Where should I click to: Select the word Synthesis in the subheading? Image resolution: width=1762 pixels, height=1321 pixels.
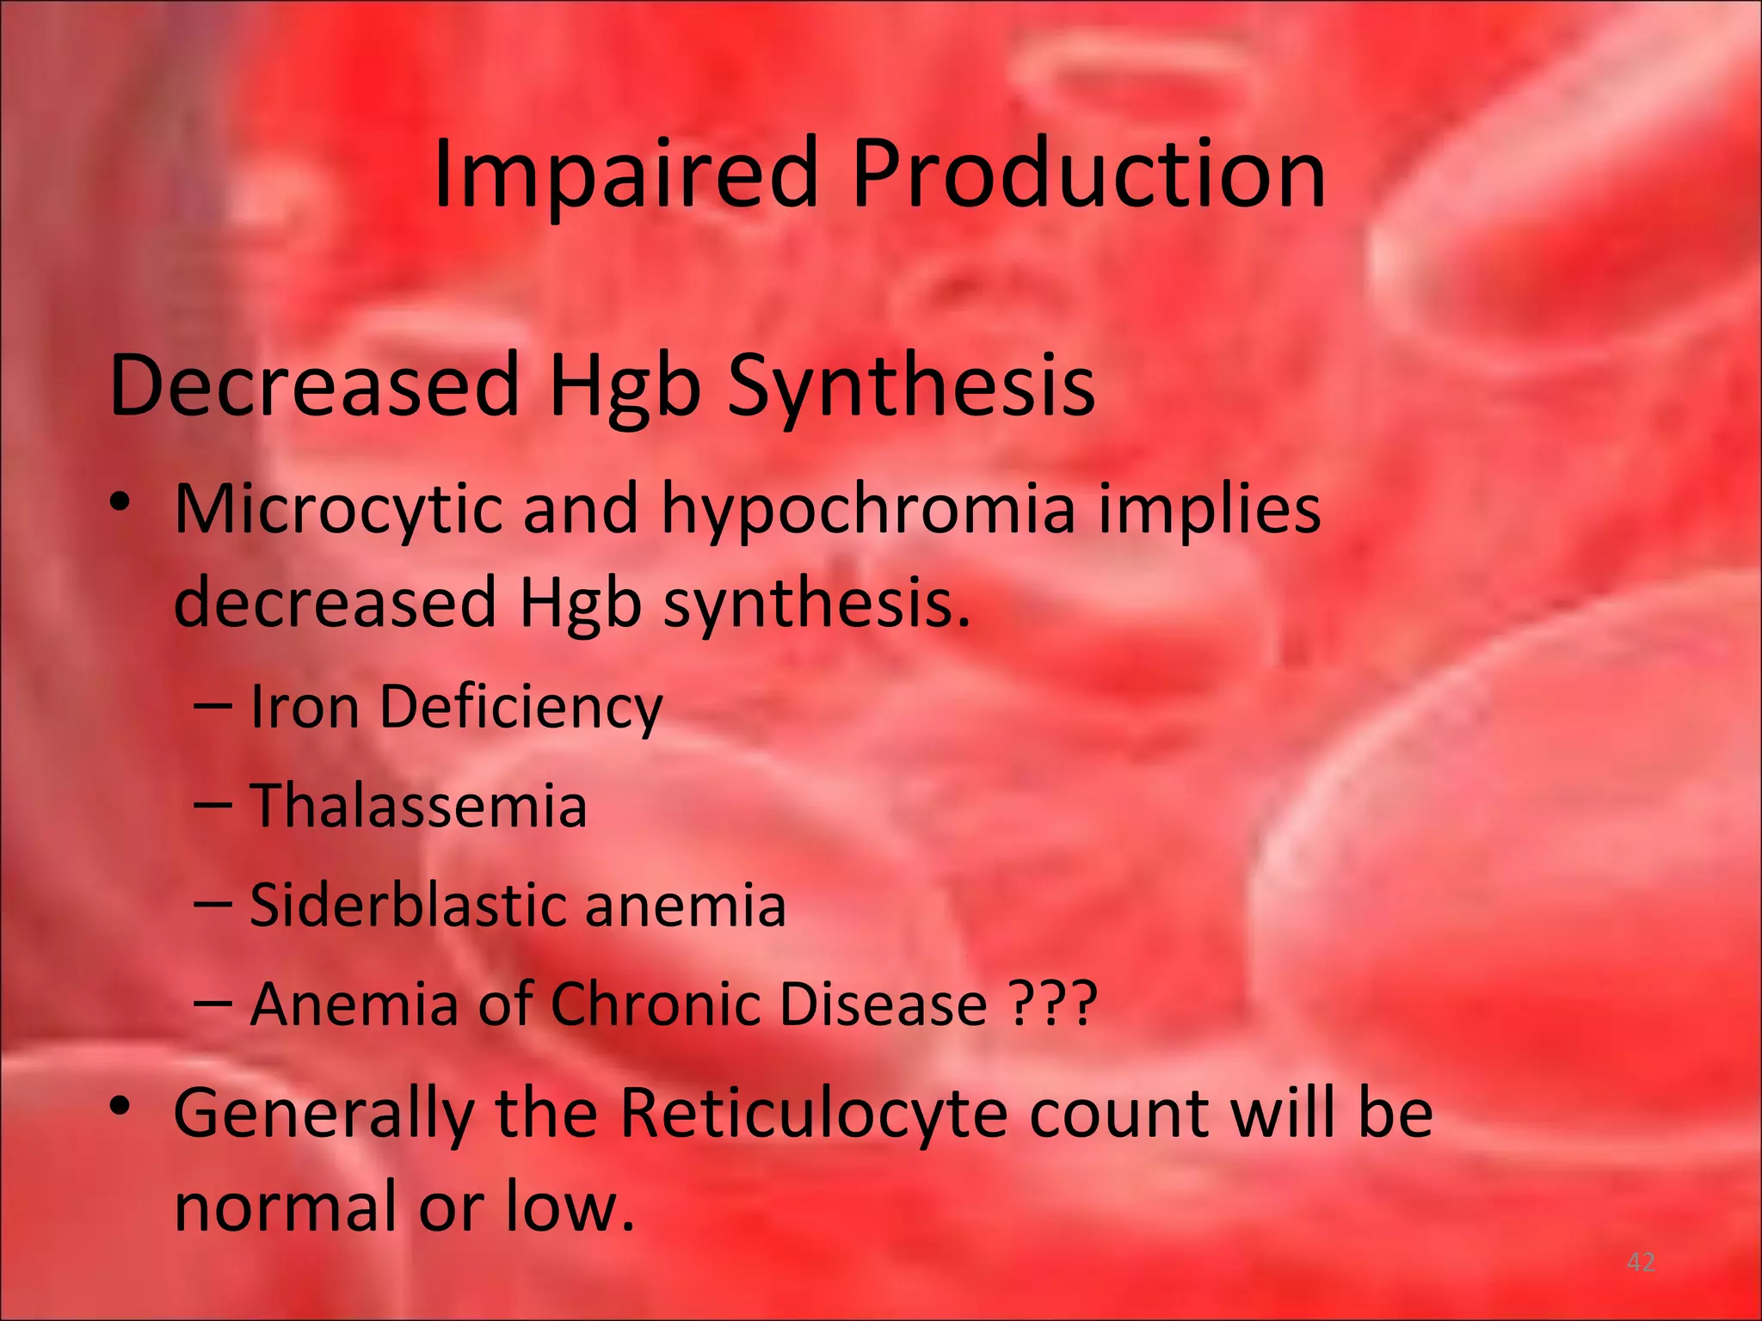911,386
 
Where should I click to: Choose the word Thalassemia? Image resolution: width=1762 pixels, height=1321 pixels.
418,806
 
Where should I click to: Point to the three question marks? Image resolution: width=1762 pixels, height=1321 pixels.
1054,1004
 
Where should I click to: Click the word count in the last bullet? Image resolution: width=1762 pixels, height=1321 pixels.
1118,1114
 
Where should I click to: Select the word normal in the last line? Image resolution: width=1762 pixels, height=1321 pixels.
286,1206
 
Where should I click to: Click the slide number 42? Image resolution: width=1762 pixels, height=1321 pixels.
1641,1263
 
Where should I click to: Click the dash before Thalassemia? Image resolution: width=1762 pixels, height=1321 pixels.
213,805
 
